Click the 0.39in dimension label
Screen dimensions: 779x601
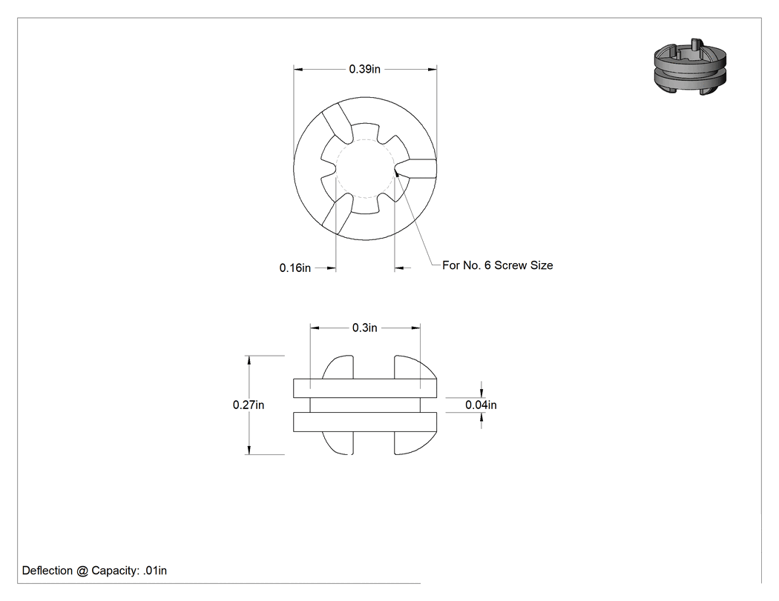point(365,69)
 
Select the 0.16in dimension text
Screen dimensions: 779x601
point(295,268)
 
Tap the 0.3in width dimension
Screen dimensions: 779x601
point(365,328)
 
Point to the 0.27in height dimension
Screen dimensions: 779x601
point(249,405)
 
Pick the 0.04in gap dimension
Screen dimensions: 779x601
point(481,405)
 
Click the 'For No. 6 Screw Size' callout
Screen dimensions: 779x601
point(497,265)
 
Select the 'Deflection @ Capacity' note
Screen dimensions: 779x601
point(94,571)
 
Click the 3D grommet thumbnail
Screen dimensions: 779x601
point(690,66)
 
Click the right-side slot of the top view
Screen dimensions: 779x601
point(416,168)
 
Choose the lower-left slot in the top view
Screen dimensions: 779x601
point(338,214)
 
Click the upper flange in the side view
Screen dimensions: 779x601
point(365,388)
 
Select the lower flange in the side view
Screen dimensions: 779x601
point(365,422)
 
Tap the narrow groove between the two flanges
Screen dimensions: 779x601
point(365,405)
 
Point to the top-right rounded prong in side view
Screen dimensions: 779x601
point(415,368)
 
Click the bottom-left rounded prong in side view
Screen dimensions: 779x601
point(338,442)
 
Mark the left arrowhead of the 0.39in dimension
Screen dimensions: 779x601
point(298,70)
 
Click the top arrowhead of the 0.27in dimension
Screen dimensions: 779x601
point(249,360)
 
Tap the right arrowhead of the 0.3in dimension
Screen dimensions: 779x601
point(415,328)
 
